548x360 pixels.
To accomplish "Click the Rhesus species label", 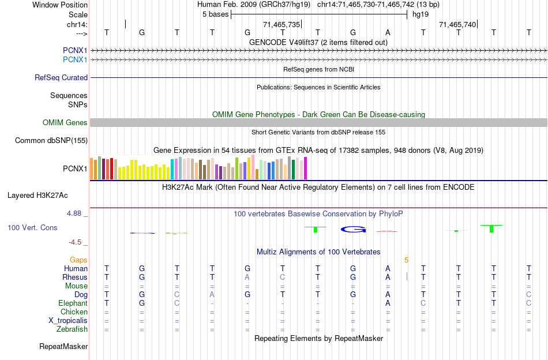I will (x=75, y=277).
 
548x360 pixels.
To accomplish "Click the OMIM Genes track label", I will (x=65, y=123).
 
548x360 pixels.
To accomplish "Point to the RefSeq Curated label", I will (x=61, y=78).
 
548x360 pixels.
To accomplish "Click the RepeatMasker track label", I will (x=63, y=347).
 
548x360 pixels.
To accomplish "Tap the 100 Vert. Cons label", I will (x=32, y=228).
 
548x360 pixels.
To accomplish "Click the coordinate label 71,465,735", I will (x=281, y=25).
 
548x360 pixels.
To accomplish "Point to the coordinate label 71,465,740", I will (x=457, y=25).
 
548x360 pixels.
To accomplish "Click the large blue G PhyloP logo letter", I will (x=353, y=230).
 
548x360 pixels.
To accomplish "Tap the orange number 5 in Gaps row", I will (x=406, y=260).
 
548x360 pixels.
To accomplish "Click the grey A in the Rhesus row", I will (x=247, y=277).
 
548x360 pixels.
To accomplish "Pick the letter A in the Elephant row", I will (x=388, y=303).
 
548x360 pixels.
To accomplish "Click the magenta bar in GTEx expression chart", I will (x=305, y=168).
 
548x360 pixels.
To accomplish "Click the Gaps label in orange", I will (x=79, y=260).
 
